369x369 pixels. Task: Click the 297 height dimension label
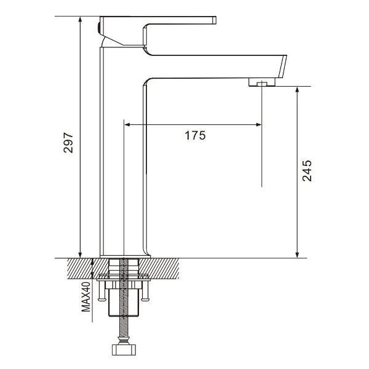tap(68, 143)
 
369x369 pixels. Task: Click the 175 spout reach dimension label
tap(195, 135)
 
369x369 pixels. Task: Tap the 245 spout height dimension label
tap(307, 171)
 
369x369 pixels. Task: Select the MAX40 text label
tap(86, 297)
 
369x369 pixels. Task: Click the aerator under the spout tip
tap(262, 82)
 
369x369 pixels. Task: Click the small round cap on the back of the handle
tap(98, 27)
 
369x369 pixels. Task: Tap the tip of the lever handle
tap(215, 20)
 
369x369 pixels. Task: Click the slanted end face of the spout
tap(283, 66)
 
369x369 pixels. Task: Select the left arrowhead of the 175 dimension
tap(127, 124)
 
